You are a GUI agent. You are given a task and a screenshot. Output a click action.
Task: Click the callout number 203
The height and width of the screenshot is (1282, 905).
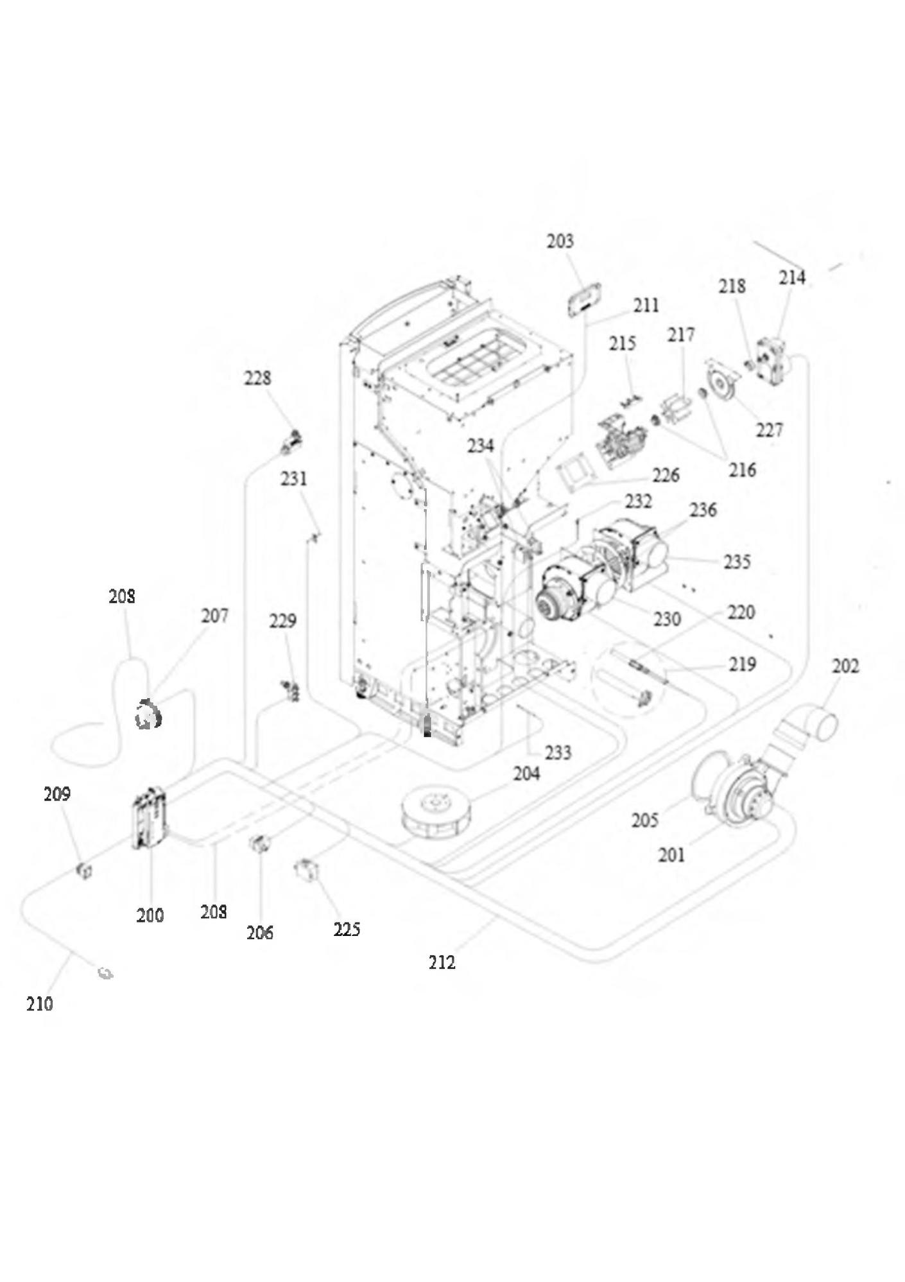(560, 241)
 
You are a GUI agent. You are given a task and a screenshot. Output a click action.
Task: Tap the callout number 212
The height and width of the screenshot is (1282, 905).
(442, 962)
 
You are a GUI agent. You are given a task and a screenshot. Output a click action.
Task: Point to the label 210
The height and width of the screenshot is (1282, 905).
(39, 1004)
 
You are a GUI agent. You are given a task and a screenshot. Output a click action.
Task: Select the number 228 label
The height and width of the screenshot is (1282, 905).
(257, 378)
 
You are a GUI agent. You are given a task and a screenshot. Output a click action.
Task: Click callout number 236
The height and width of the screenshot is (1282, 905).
(703, 510)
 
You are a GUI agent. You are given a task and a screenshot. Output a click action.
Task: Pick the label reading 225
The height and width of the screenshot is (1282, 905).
(347, 930)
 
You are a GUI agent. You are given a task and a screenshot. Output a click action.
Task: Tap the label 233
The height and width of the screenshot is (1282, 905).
(557, 752)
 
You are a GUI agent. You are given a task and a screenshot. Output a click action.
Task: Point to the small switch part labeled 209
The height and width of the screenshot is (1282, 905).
(84, 871)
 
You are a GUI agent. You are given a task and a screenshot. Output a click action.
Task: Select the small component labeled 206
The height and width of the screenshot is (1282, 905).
(258, 844)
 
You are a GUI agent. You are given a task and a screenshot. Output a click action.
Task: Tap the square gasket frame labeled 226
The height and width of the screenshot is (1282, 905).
(576, 470)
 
